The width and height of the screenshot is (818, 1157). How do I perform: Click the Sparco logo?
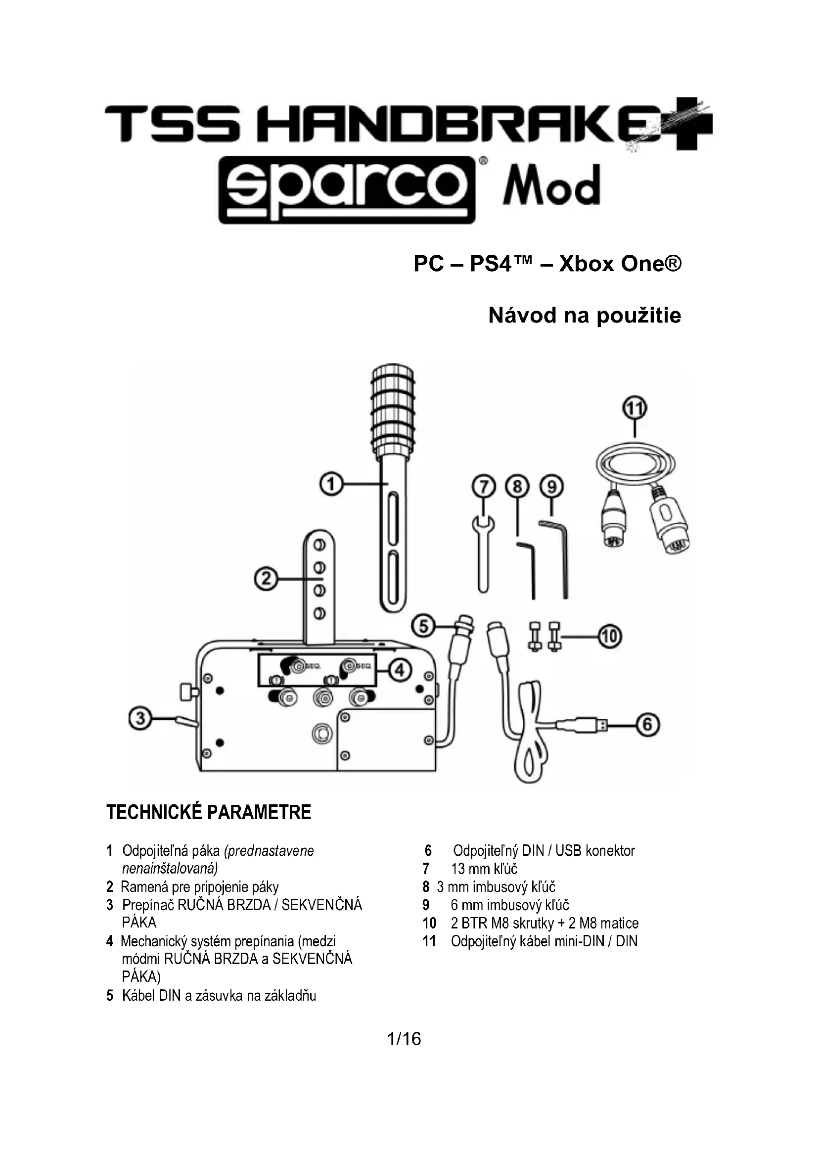(347, 190)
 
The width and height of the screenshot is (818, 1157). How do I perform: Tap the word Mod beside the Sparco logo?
(551, 185)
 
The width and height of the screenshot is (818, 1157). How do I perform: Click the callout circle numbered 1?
(331, 484)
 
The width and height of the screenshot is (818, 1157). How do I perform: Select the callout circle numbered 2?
(266, 579)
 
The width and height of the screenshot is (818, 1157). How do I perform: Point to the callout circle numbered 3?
(140, 719)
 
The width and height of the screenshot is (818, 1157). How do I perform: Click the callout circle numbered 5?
(424, 626)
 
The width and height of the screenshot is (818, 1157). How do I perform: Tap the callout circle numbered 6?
(648, 725)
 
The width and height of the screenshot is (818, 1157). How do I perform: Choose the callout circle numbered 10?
(610, 637)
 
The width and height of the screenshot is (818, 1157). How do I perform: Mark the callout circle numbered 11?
(635, 408)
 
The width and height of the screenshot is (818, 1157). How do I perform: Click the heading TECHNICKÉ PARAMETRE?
(209, 813)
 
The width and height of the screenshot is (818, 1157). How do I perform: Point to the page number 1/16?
(404, 1039)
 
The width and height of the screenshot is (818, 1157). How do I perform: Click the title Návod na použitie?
(584, 316)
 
